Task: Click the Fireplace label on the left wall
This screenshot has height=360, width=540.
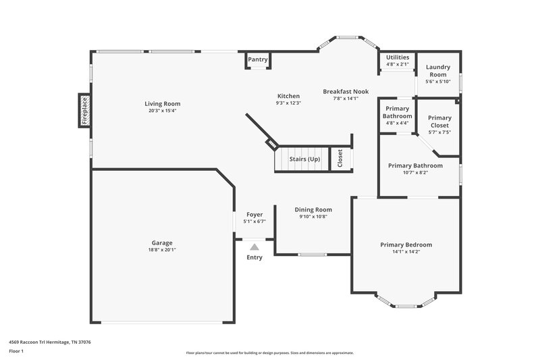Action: pyautogui.click(x=85, y=110)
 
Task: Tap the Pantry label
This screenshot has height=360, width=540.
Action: pyautogui.click(x=258, y=60)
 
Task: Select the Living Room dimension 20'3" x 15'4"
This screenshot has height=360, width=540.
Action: pyautogui.click(x=163, y=111)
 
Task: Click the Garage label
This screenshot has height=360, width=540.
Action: pyautogui.click(x=162, y=242)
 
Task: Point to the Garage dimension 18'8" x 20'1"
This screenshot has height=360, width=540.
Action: pyautogui.click(x=162, y=250)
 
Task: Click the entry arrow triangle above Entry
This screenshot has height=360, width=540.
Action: pyautogui.click(x=254, y=248)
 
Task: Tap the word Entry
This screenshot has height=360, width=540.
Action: pyautogui.click(x=254, y=257)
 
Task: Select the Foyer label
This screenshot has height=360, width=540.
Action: pyautogui.click(x=254, y=214)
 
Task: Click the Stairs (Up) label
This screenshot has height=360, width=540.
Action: pyautogui.click(x=304, y=159)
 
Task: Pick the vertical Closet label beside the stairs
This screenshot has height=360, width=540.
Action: pyautogui.click(x=340, y=159)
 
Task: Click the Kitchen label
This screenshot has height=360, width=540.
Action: pyautogui.click(x=288, y=96)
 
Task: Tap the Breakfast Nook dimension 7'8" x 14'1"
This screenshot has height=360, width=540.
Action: pyautogui.click(x=345, y=99)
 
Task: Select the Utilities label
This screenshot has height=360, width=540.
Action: pyautogui.click(x=398, y=57)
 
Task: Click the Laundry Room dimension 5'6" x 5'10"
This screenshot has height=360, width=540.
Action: pyautogui.click(x=437, y=82)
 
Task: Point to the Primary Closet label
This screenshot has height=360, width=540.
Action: pyautogui.click(x=439, y=121)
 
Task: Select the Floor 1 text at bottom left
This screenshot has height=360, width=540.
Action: pyautogui.click(x=16, y=352)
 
